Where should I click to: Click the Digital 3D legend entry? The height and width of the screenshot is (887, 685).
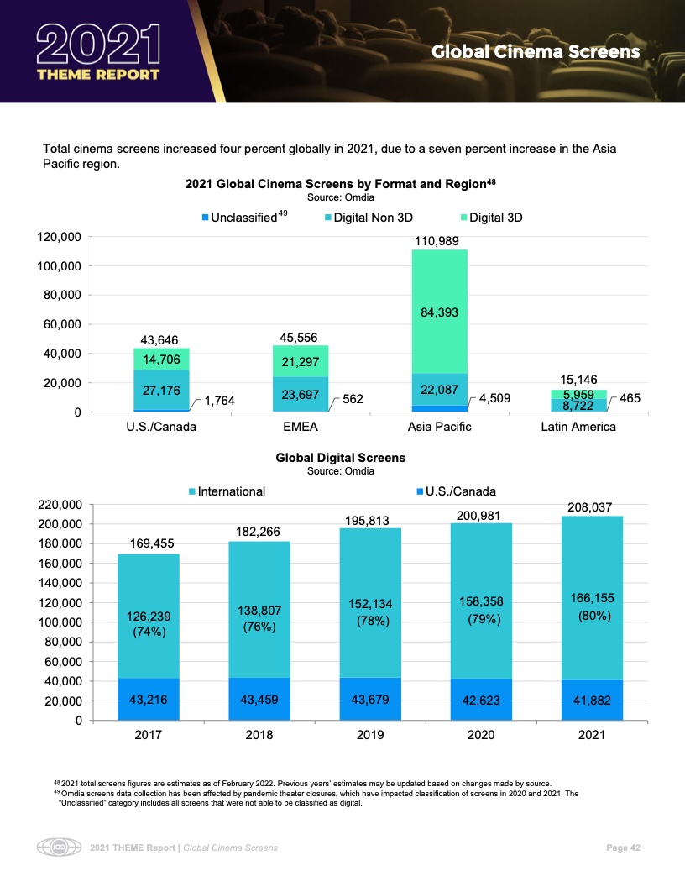point(495,218)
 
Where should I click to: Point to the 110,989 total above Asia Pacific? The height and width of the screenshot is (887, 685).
point(439,241)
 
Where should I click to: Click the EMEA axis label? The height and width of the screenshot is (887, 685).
point(300,427)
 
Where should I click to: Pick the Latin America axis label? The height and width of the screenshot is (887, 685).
point(578,427)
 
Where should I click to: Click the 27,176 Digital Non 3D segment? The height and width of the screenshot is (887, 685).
point(160,391)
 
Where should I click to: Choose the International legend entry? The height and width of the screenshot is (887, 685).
point(231,491)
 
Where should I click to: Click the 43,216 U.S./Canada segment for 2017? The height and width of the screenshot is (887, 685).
point(149,700)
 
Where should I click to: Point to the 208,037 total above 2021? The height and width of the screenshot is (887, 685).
point(592,507)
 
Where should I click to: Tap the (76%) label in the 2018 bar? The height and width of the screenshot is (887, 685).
point(259,627)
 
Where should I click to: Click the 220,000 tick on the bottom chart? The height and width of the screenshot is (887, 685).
point(59,505)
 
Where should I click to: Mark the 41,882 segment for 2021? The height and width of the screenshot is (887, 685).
point(592,700)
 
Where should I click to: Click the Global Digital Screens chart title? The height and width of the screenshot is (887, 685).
point(340,458)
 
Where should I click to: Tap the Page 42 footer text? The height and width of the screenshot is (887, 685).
point(623,848)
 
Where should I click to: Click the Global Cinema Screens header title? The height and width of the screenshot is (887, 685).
point(536,52)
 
